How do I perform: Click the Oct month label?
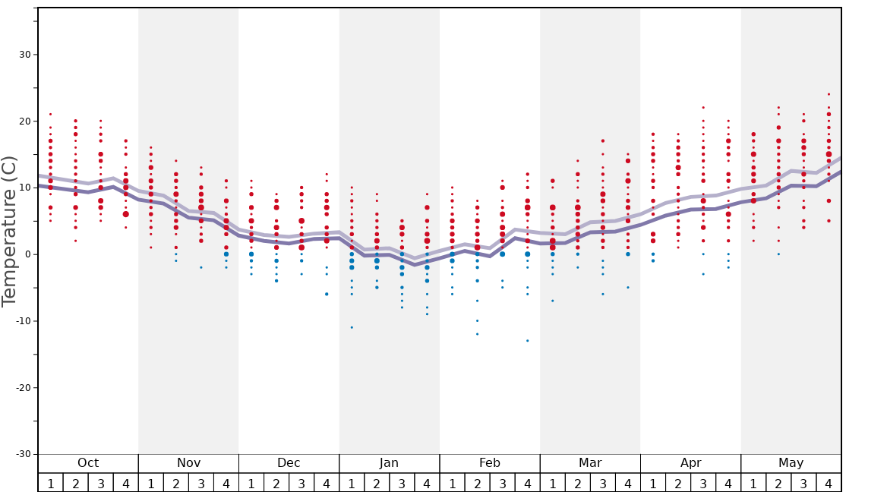(88, 463)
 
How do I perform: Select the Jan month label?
(389, 463)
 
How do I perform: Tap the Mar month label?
(590, 463)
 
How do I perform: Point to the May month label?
(791, 463)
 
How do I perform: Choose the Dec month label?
(289, 463)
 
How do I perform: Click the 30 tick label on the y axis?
(24, 55)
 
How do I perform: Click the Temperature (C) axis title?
(9, 231)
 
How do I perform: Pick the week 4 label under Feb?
(527, 483)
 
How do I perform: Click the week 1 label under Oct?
(50, 483)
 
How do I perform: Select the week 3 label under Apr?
(703, 483)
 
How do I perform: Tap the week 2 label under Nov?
(176, 483)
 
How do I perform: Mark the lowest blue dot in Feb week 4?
(527, 340)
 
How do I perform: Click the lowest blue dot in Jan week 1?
(352, 327)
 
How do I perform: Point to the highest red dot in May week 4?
(829, 94)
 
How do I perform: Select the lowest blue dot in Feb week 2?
(477, 334)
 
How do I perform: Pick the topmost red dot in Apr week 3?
(703, 107)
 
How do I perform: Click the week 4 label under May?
(829, 483)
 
